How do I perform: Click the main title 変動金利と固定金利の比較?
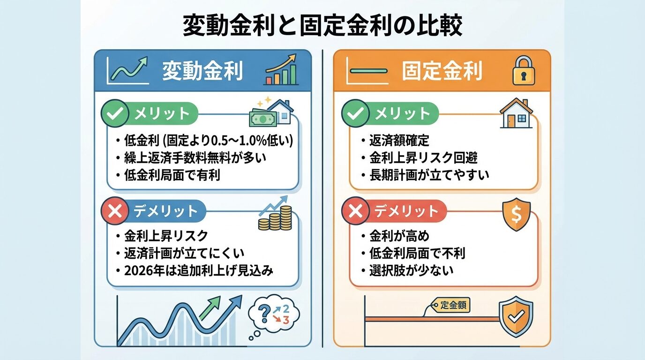click(322, 26)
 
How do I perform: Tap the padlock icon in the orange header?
click(524, 71)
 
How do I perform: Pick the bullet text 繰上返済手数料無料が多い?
click(195, 157)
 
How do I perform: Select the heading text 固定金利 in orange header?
click(442, 71)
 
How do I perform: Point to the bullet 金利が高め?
click(399, 236)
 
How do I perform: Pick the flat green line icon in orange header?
click(368, 71)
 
